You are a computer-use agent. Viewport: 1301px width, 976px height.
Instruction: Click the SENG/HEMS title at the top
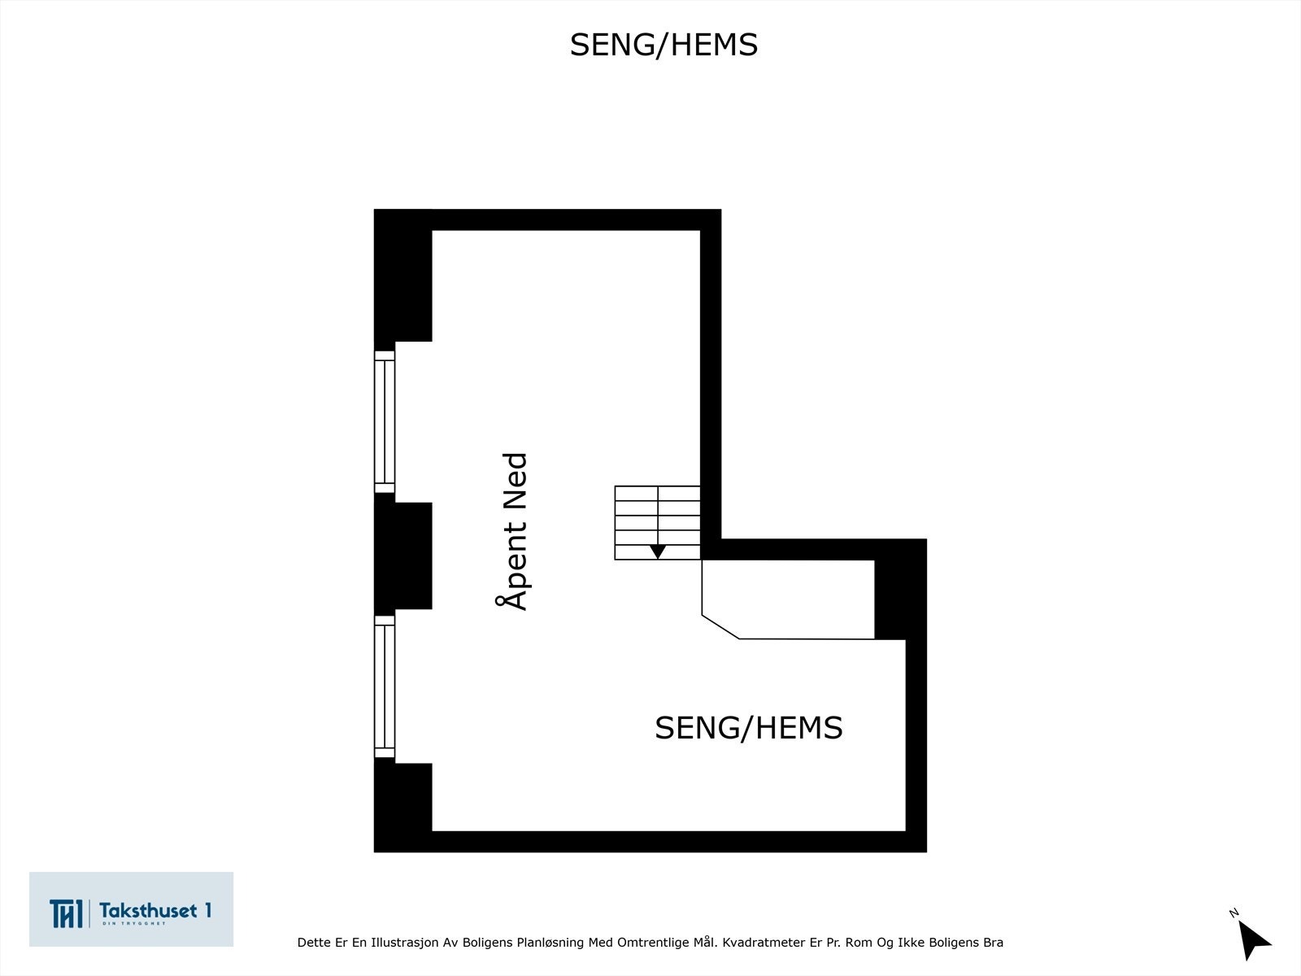664,46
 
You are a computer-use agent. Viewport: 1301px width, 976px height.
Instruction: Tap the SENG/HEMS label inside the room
748,727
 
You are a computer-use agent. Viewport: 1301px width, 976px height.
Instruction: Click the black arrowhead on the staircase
658,551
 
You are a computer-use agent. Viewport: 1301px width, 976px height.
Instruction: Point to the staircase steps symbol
657,521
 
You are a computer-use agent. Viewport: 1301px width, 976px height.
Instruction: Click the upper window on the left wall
385,421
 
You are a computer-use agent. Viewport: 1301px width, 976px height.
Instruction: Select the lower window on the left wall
385,686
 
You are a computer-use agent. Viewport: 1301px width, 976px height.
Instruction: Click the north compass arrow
1255,940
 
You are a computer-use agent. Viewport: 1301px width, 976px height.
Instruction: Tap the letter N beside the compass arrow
1234,913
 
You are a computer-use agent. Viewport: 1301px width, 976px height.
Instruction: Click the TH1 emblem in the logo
66,913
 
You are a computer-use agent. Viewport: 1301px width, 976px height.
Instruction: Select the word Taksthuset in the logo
149,909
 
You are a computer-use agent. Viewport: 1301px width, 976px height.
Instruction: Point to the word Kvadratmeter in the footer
762,943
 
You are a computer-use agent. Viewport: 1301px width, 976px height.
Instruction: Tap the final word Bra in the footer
993,943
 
